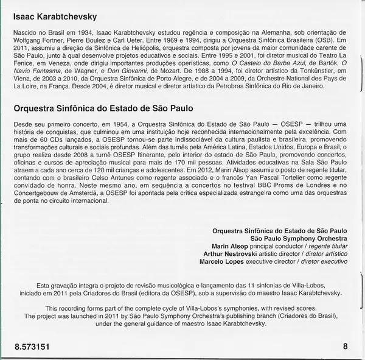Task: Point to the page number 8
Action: click(x=345, y=347)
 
